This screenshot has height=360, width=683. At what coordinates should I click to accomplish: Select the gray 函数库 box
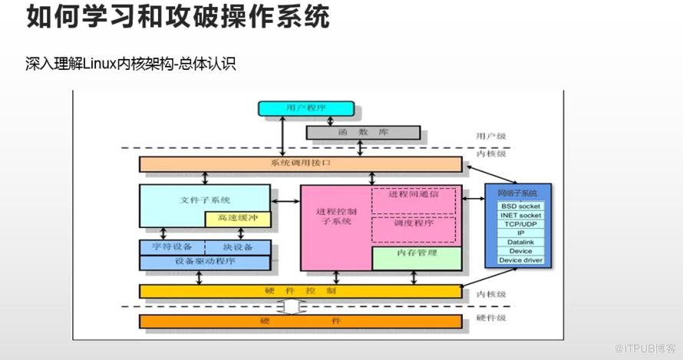(363, 132)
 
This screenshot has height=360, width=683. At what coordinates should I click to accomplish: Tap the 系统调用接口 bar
(300, 164)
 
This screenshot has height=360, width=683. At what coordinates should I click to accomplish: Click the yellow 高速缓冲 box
(237, 219)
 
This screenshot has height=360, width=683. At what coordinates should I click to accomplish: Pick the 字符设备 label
(172, 247)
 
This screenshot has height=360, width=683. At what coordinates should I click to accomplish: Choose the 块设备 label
(237, 247)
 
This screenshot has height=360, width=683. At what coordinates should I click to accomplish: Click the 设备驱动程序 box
(204, 262)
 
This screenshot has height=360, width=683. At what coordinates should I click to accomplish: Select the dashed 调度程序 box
(414, 228)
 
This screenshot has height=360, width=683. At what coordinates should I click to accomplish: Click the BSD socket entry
(520, 206)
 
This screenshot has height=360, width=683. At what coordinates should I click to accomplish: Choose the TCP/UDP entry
(520, 224)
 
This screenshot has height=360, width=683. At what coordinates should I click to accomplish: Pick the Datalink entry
(520, 243)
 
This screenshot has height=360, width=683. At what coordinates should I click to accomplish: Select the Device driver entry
(520, 260)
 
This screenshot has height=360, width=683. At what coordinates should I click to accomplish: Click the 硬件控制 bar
(300, 291)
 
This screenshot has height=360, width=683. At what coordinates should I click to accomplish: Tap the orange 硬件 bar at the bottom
(300, 320)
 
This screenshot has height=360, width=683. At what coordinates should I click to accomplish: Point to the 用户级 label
(491, 136)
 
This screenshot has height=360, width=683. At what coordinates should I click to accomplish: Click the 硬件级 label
(491, 317)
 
